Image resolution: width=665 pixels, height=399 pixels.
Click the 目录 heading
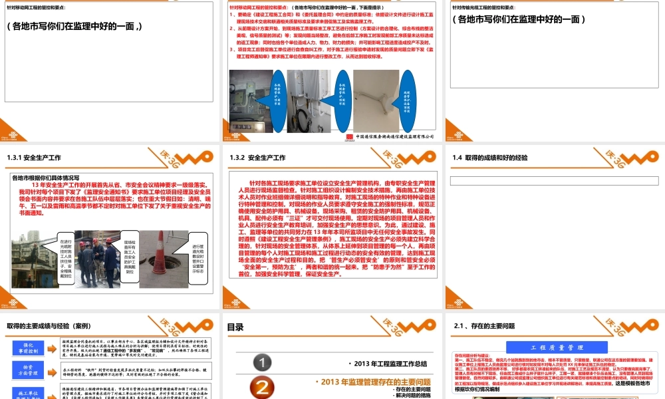click(x=235, y=327)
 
